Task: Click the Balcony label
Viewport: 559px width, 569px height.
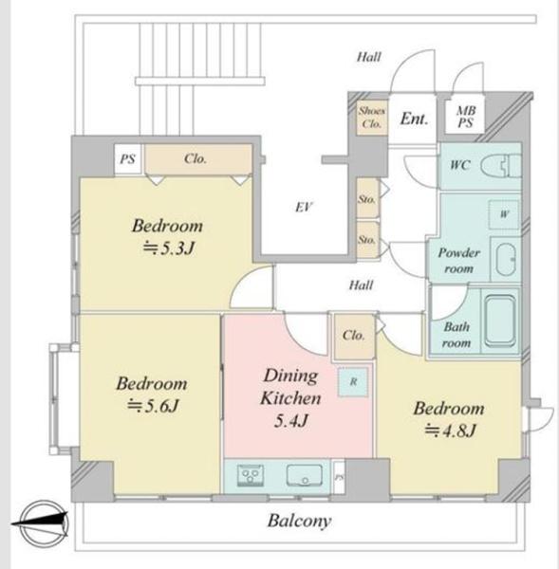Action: pos(299,521)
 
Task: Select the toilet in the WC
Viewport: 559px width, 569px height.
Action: pos(501,167)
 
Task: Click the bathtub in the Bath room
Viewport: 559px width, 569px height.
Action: pos(500,321)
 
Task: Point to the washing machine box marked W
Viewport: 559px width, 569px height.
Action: pos(504,214)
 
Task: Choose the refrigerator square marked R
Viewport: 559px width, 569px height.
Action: pos(353,382)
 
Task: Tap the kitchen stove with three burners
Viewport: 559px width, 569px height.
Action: pos(251,475)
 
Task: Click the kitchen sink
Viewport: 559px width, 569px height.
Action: pos(305,476)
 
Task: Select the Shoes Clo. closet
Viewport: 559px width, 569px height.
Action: pos(372,118)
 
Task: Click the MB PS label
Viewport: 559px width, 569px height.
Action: pos(466,117)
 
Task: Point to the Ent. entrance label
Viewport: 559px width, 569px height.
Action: pos(414,119)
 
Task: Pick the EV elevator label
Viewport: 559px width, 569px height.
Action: pos(304,207)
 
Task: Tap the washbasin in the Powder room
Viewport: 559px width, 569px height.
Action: pos(506,259)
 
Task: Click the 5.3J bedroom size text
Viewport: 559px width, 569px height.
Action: pos(169,248)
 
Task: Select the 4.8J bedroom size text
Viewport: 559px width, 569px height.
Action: pos(451,431)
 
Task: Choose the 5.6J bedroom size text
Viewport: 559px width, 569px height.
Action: pos(153,407)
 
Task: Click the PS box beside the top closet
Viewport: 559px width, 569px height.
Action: pos(128,159)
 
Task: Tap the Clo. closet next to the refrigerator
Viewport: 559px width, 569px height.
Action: pos(354,336)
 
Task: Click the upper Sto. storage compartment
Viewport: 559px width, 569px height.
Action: pos(367,198)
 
